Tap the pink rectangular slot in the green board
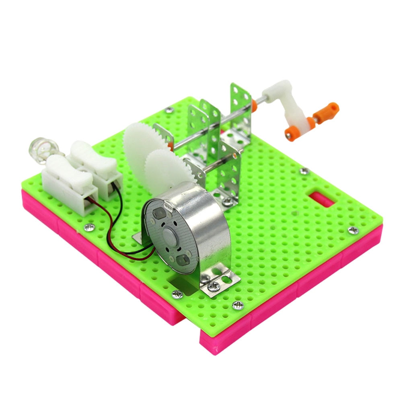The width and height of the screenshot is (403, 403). (x=322, y=199)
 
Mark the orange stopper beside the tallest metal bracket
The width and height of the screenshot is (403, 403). (x=255, y=106)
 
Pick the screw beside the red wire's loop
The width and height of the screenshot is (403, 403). (x=88, y=228)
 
